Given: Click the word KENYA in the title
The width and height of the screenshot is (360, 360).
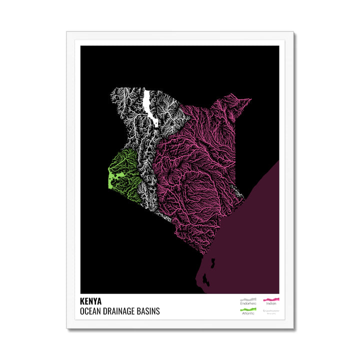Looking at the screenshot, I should click(x=90, y=301).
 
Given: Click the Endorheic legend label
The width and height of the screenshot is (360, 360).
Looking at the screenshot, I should click(x=247, y=303).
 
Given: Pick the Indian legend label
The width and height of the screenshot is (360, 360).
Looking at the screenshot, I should click(x=271, y=303).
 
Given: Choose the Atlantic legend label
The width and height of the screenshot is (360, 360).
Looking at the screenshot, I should click(x=247, y=313).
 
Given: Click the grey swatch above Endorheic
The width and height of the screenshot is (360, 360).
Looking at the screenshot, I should click(x=247, y=299).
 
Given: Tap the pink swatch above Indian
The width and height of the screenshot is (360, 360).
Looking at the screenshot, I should click(x=271, y=299).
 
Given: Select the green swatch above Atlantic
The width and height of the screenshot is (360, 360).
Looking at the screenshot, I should click(x=247, y=309).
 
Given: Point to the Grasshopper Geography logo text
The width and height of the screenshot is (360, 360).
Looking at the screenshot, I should click(x=271, y=311).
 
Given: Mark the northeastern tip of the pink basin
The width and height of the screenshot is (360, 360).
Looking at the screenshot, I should click(x=249, y=99).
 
